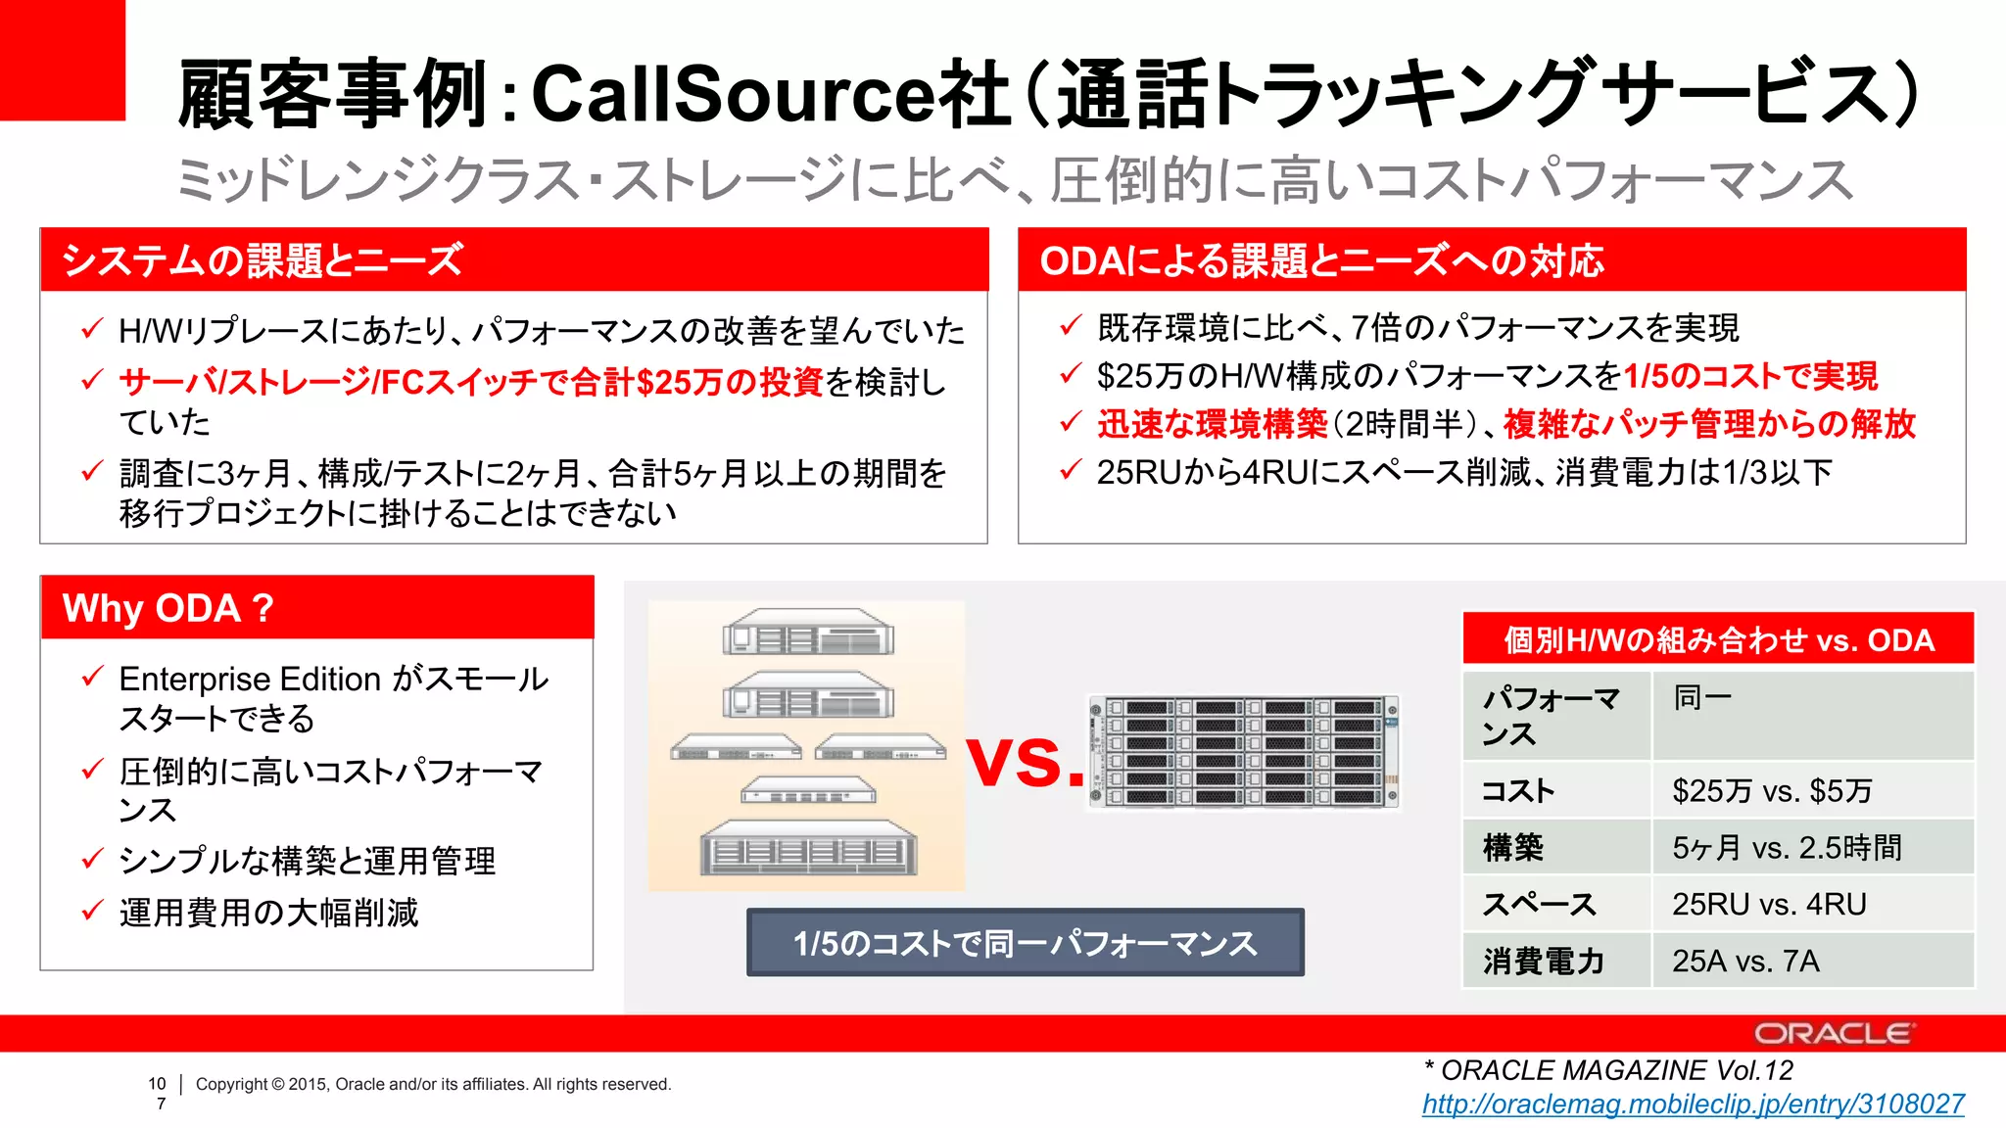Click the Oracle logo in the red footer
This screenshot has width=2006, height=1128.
[1832, 1033]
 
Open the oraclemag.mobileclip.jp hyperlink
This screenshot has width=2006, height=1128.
[1693, 1104]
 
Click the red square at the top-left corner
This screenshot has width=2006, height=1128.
[62, 59]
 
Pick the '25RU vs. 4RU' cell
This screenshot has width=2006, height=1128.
[1769, 904]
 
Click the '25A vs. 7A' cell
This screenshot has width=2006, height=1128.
[1745, 961]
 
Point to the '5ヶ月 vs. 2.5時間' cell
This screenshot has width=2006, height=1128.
[1787, 847]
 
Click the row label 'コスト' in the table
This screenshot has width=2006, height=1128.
[1518, 790]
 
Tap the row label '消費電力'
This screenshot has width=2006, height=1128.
[1543, 961]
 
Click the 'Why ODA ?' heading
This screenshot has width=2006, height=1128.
[168, 608]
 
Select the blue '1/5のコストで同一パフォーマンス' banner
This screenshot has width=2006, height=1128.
[1025, 943]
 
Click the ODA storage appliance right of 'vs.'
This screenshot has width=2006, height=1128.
[1244, 752]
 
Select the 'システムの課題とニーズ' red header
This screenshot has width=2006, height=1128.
[263, 260]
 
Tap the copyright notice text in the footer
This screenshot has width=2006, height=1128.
[433, 1084]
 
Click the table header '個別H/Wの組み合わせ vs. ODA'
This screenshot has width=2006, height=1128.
[1718, 639]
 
